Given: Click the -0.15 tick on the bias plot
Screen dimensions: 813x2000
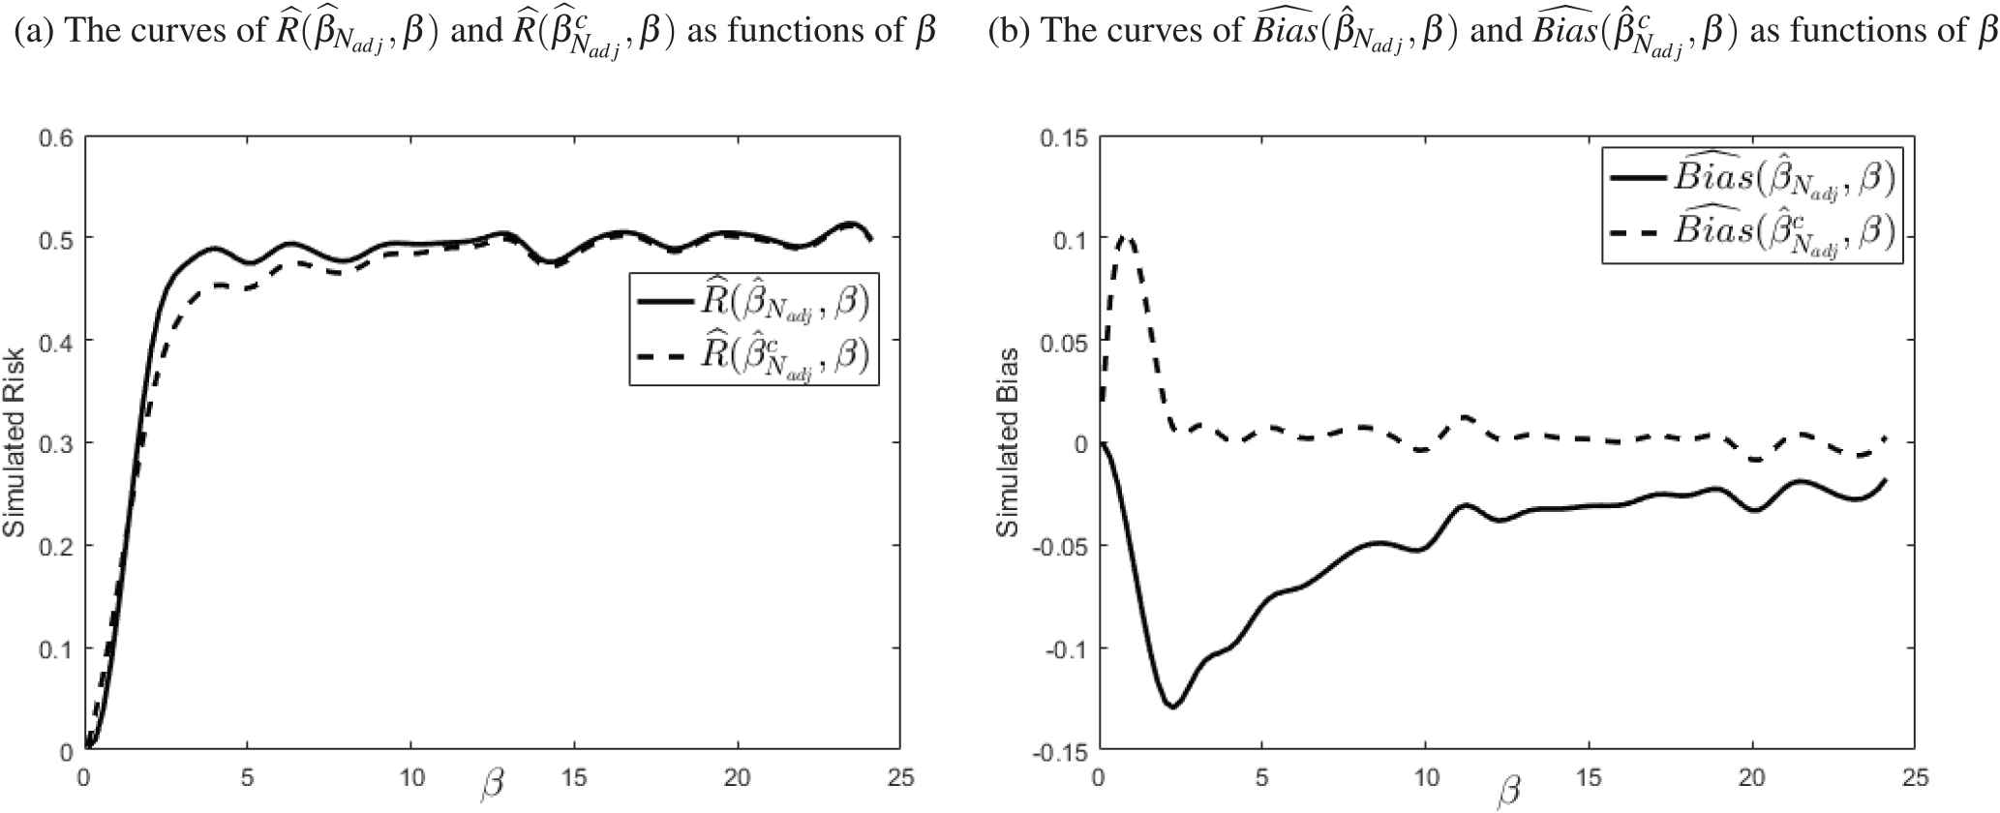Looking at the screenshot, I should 1063,751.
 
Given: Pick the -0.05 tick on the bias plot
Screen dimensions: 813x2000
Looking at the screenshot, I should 1063,546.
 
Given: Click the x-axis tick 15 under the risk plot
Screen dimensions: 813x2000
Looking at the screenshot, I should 575,778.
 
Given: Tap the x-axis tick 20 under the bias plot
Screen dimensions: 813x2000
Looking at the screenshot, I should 1752,778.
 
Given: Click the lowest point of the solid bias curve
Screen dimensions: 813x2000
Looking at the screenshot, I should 1173,707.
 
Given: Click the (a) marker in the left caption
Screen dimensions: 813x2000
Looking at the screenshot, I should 33,32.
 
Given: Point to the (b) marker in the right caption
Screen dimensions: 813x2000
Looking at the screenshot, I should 1008,32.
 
